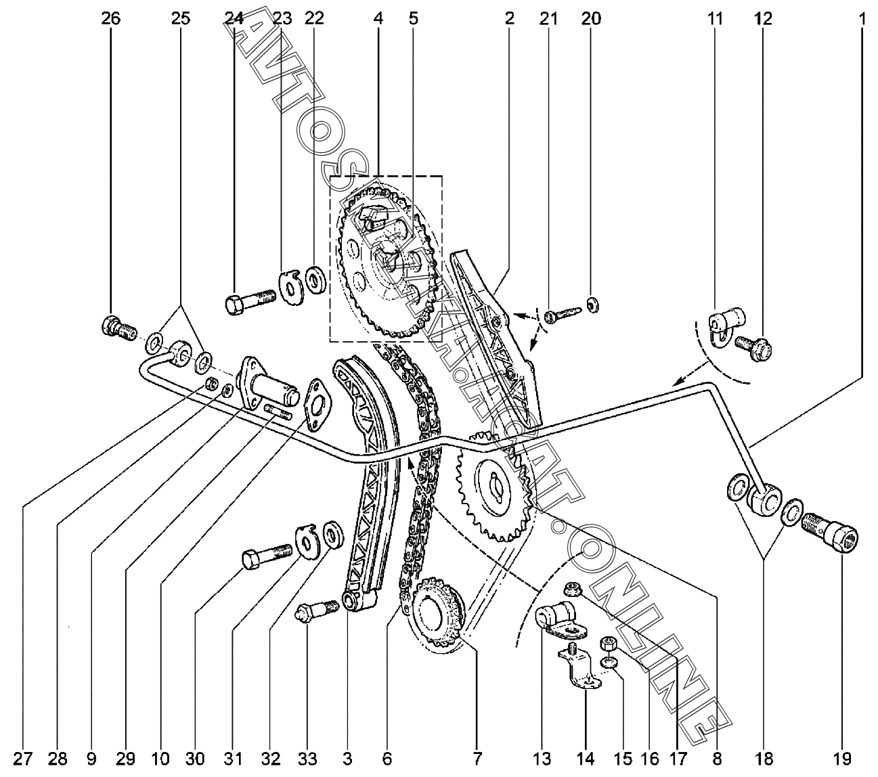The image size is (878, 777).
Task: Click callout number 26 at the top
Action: [x=110, y=18]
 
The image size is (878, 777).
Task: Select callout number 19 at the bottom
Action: [x=842, y=758]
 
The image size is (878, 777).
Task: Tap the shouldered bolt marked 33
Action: [x=316, y=608]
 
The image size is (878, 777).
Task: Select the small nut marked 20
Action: [x=592, y=305]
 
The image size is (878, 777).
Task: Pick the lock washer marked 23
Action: [x=291, y=286]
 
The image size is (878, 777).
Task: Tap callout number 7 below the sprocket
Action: [x=479, y=758]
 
